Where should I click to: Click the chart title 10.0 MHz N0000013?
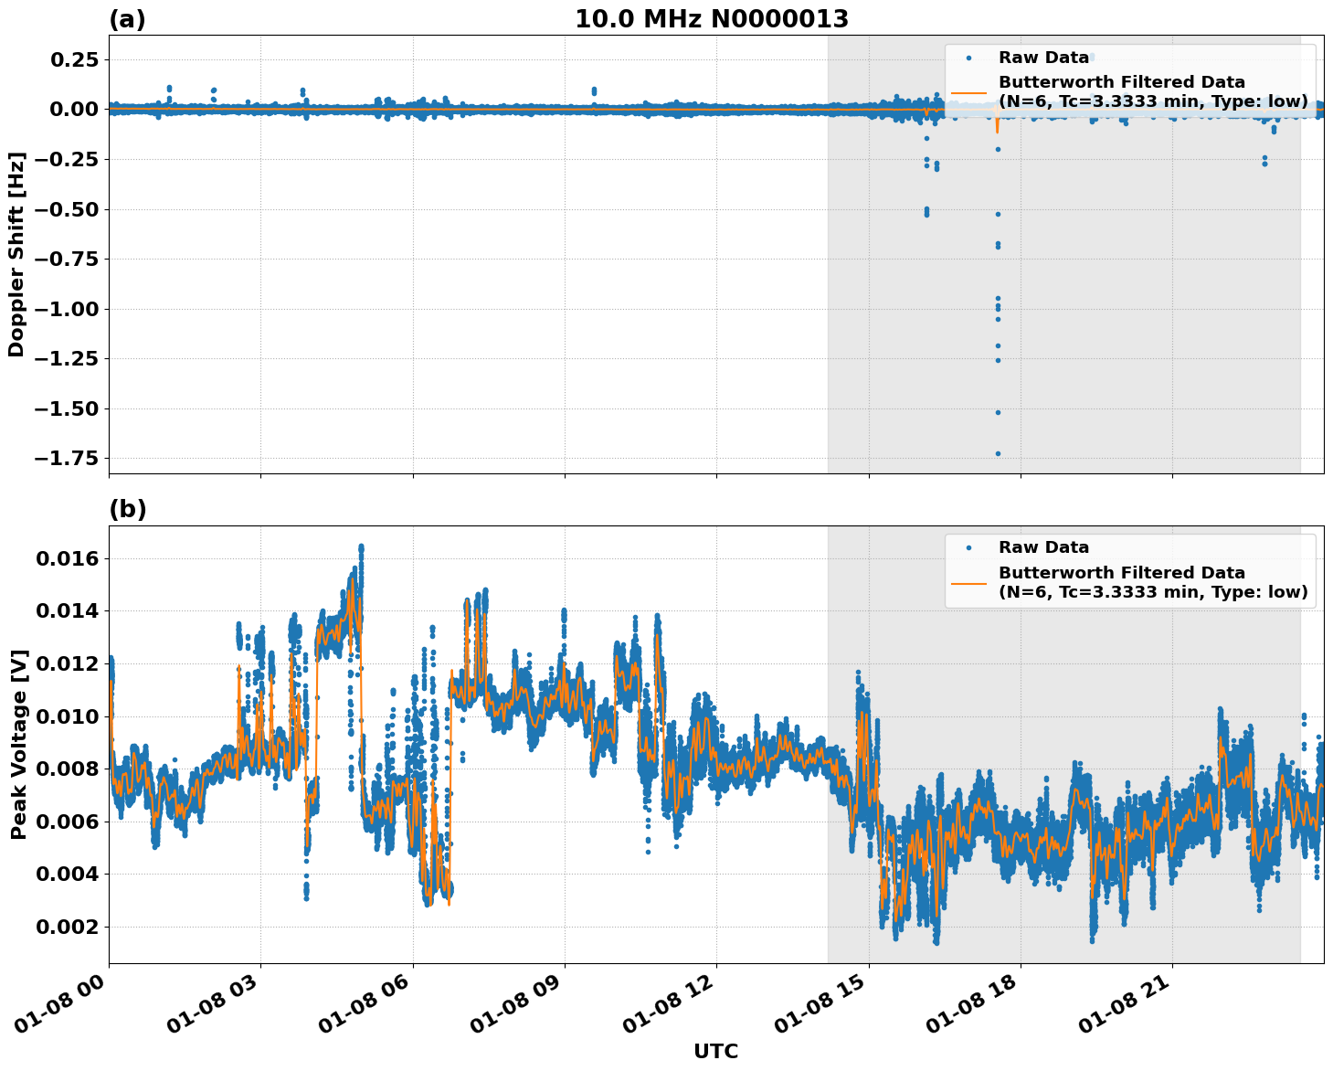tap(711, 19)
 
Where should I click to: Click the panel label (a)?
tap(127, 19)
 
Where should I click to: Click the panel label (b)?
tap(127, 509)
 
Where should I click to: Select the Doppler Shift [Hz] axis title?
tap(16, 254)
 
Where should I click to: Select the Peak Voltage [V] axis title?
tap(18, 744)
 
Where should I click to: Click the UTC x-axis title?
tap(715, 1051)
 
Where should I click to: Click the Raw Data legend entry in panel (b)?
tap(1043, 547)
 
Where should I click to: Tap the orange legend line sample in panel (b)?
tap(968, 582)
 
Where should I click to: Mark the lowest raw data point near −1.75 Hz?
tap(998, 453)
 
